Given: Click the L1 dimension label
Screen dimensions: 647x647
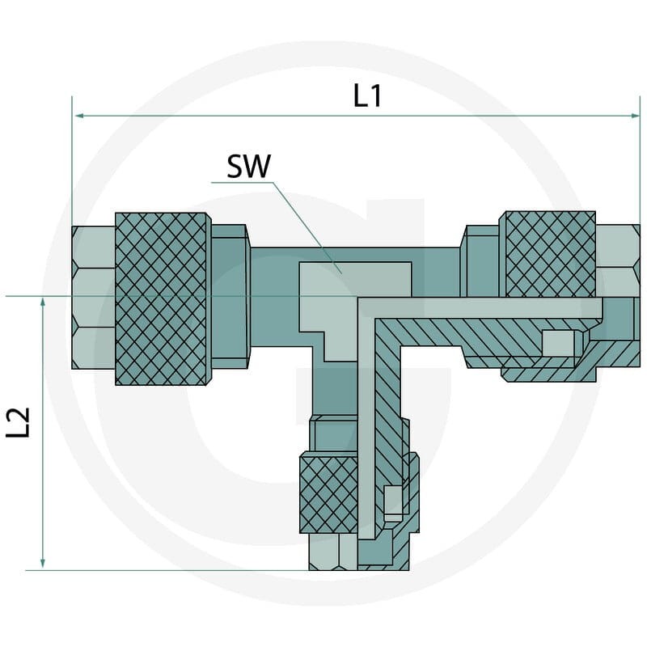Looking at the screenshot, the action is click(x=368, y=96).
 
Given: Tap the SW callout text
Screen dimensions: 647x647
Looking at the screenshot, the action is click(x=249, y=166).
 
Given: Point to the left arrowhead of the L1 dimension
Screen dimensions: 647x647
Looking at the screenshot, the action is click(x=78, y=116).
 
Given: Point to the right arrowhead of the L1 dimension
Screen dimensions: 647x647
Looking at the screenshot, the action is click(x=635, y=116).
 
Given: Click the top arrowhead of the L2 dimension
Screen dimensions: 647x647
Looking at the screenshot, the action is click(x=43, y=302).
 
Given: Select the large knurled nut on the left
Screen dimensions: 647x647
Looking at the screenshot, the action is click(x=161, y=299).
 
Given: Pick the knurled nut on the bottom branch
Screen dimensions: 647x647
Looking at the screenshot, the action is click(x=329, y=493).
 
